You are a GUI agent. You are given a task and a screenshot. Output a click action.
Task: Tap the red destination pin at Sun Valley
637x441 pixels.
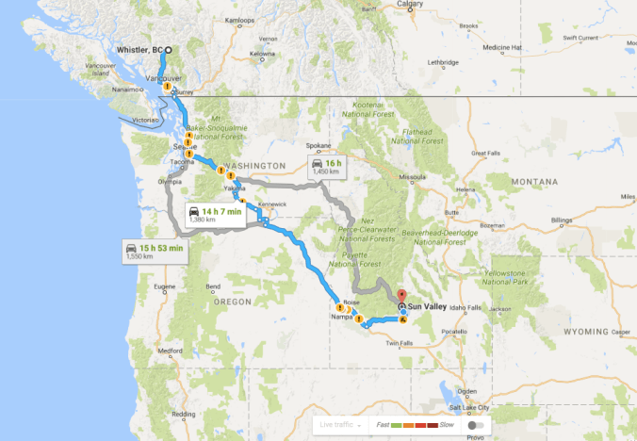point(401,294)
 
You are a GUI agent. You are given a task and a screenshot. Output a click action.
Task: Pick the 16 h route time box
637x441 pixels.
point(329,166)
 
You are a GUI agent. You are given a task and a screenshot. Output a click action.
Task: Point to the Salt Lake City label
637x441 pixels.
point(471,407)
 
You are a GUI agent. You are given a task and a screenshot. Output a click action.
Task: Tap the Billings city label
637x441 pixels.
point(562,220)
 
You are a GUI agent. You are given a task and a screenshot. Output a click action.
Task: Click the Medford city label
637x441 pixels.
point(171,350)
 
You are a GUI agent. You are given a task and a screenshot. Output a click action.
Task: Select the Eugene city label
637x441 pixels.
point(166,286)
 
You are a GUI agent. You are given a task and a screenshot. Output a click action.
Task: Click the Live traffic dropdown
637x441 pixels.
point(338,425)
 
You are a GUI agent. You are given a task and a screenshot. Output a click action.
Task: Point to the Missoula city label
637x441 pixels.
point(413,176)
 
